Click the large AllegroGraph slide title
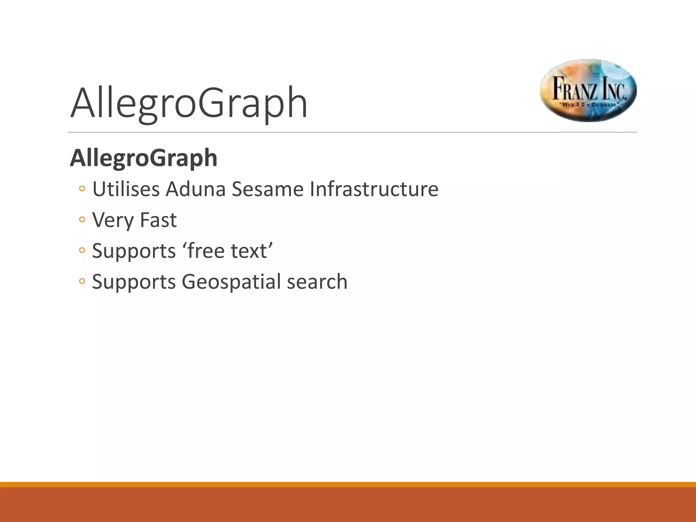coord(189,103)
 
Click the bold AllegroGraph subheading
coord(143,158)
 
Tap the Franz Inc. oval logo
coord(588,90)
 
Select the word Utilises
coord(126,189)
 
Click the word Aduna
coord(195,189)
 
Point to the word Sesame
coord(267,189)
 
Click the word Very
coord(113,220)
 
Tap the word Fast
coord(158,220)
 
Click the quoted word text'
coord(252,251)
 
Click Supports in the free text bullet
coord(134,251)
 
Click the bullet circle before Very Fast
coord(82,220)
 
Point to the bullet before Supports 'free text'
coord(82,250)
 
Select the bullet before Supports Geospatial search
coord(82,281)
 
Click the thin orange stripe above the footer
coord(348,485)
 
